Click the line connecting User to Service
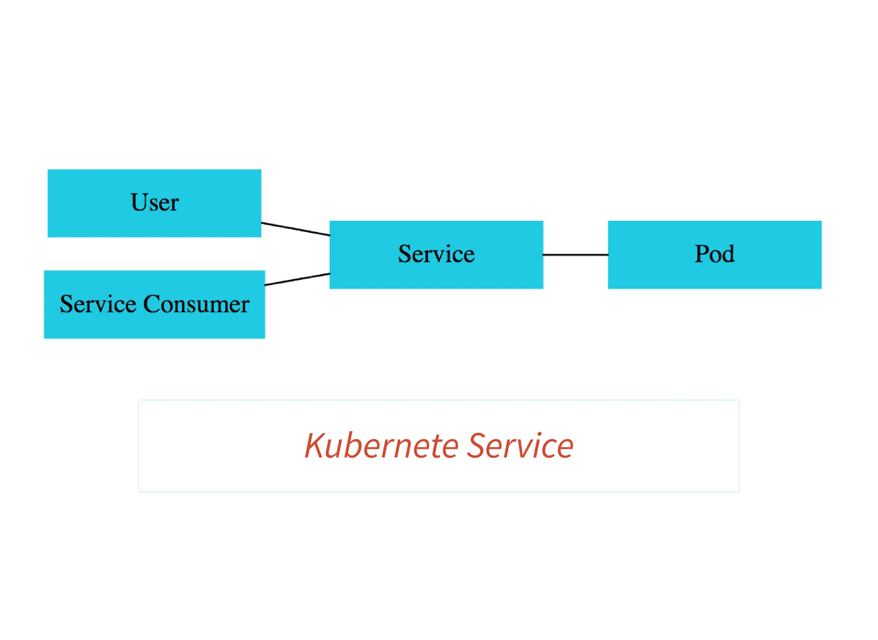tap(295, 229)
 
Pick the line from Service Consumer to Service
tap(297, 279)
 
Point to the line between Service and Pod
tap(575, 255)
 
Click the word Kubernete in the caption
tap(382, 446)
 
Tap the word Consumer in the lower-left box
tap(196, 304)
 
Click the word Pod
tap(714, 254)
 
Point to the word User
tap(154, 202)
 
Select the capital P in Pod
tap(702, 253)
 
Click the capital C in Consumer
tap(151, 304)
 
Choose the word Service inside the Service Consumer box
tap(98, 304)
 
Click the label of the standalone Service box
tap(436, 254)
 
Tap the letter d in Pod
tap(728, 253)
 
